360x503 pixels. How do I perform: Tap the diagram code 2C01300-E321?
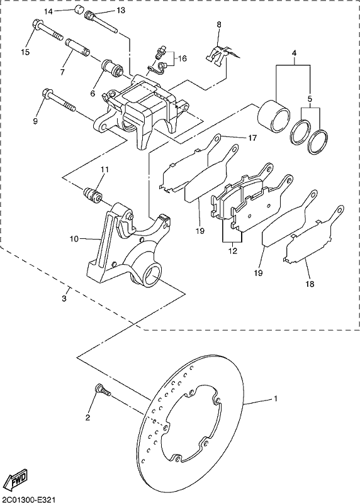click(x=30, y=499)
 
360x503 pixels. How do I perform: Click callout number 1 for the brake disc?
click(x=275, y=399)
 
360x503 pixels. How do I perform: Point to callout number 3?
click(x=64, y=299)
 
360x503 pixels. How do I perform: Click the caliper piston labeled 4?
click(x=274, y=117)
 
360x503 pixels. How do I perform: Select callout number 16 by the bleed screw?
click(x=183, y=58)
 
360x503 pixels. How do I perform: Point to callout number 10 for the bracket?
click(x=74, y=239)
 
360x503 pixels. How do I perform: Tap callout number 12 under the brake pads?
click(x=233, y=250)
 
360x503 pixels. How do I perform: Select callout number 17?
click(x=253, y=138)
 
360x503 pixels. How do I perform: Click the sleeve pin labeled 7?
click(x=77, y=47)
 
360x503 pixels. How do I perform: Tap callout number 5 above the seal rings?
click(x=310, y=99)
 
